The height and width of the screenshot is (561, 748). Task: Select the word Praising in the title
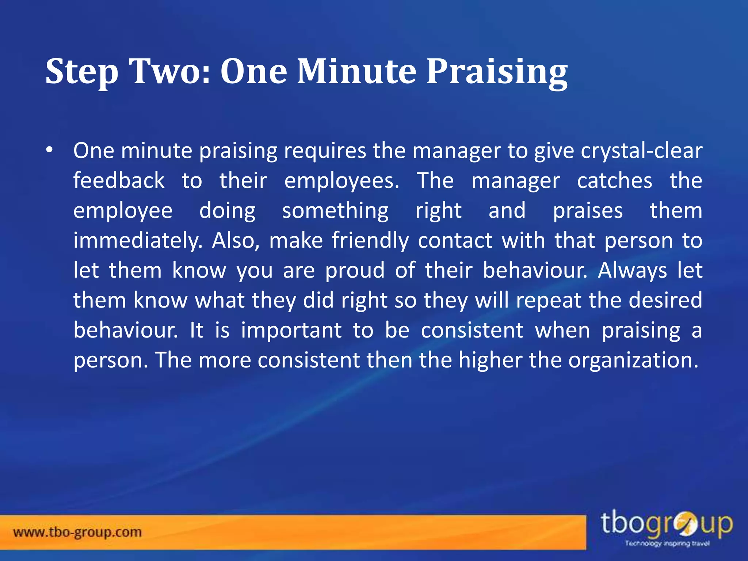click(497, 72)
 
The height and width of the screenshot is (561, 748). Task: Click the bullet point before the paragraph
click(50, 150)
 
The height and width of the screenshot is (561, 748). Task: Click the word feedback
click(119, 180)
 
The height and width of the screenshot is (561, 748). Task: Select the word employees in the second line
click(341, 181)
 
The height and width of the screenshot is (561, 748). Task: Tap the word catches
click(614, 180)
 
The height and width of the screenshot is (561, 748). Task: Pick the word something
click(335, 211)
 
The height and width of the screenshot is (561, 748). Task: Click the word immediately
click(138, 241)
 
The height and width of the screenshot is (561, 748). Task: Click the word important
click(291, 331)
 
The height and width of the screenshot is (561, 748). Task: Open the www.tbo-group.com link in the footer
click(77, 532)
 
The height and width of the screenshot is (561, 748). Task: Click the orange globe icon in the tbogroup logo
click(686, 525)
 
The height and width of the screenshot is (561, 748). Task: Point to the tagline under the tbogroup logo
click(667, 543)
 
